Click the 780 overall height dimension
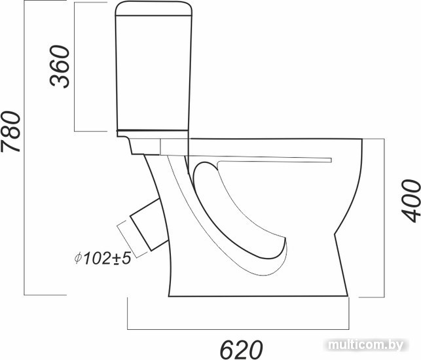pyautogui.click(x=10, y=132)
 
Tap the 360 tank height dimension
pyautogui.click(x=60, y=67)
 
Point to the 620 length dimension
pyautogui.click(x=241, y=350)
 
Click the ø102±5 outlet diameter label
pyautogui.click(x=103, y=259)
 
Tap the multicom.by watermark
pyautogui.click(x=366, y=344)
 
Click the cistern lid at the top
pyautogui.click(x=154, y=9)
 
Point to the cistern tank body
pyautogui.click(x=153, y=73)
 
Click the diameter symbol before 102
pyautogui.click(x=78, y=259)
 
